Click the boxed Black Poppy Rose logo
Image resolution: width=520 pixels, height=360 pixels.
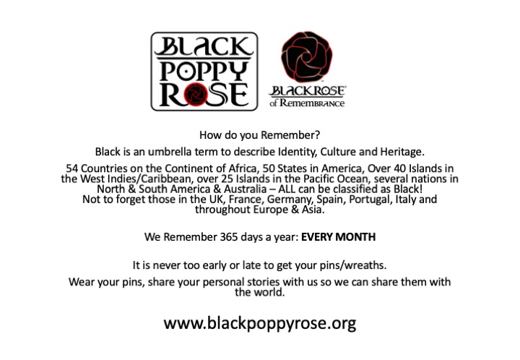coord(204,72)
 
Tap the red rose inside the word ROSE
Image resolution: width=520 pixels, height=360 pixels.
coord(196,94)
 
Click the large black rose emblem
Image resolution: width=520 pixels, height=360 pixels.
coord(306,56)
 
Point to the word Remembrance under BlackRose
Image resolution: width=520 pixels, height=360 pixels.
coord(312,103)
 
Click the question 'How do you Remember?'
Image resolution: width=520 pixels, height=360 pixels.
coord(260,135)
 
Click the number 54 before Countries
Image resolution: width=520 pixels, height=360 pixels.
coord(71,168)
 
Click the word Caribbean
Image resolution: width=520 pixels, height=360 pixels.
coord(167,179)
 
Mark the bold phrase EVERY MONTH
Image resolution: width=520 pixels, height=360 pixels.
coord(338,237)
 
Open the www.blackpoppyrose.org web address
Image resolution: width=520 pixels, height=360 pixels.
coord(260,323)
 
